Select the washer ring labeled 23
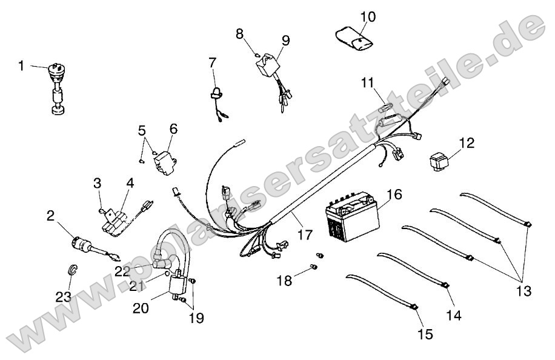(71, 268)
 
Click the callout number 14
(454, 315)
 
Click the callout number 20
(141, 307)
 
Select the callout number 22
(122, 271)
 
